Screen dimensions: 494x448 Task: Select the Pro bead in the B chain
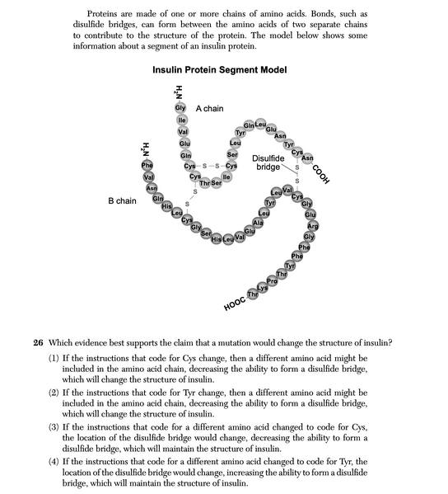(272, 281)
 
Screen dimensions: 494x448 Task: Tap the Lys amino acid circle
(263, 288)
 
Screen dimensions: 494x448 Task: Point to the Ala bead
(258, 223)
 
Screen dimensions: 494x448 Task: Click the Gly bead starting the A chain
(180, 109)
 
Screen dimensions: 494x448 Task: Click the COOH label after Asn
(322, 175)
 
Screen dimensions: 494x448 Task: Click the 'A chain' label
(209, 109)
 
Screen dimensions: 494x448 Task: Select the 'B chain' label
(122, 200)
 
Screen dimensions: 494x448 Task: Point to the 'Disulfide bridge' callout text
(268, 162)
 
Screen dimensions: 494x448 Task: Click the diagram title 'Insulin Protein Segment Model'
(220, 70)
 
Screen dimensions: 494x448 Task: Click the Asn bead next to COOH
(307, 158)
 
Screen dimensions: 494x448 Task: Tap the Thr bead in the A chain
(205, 183)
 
